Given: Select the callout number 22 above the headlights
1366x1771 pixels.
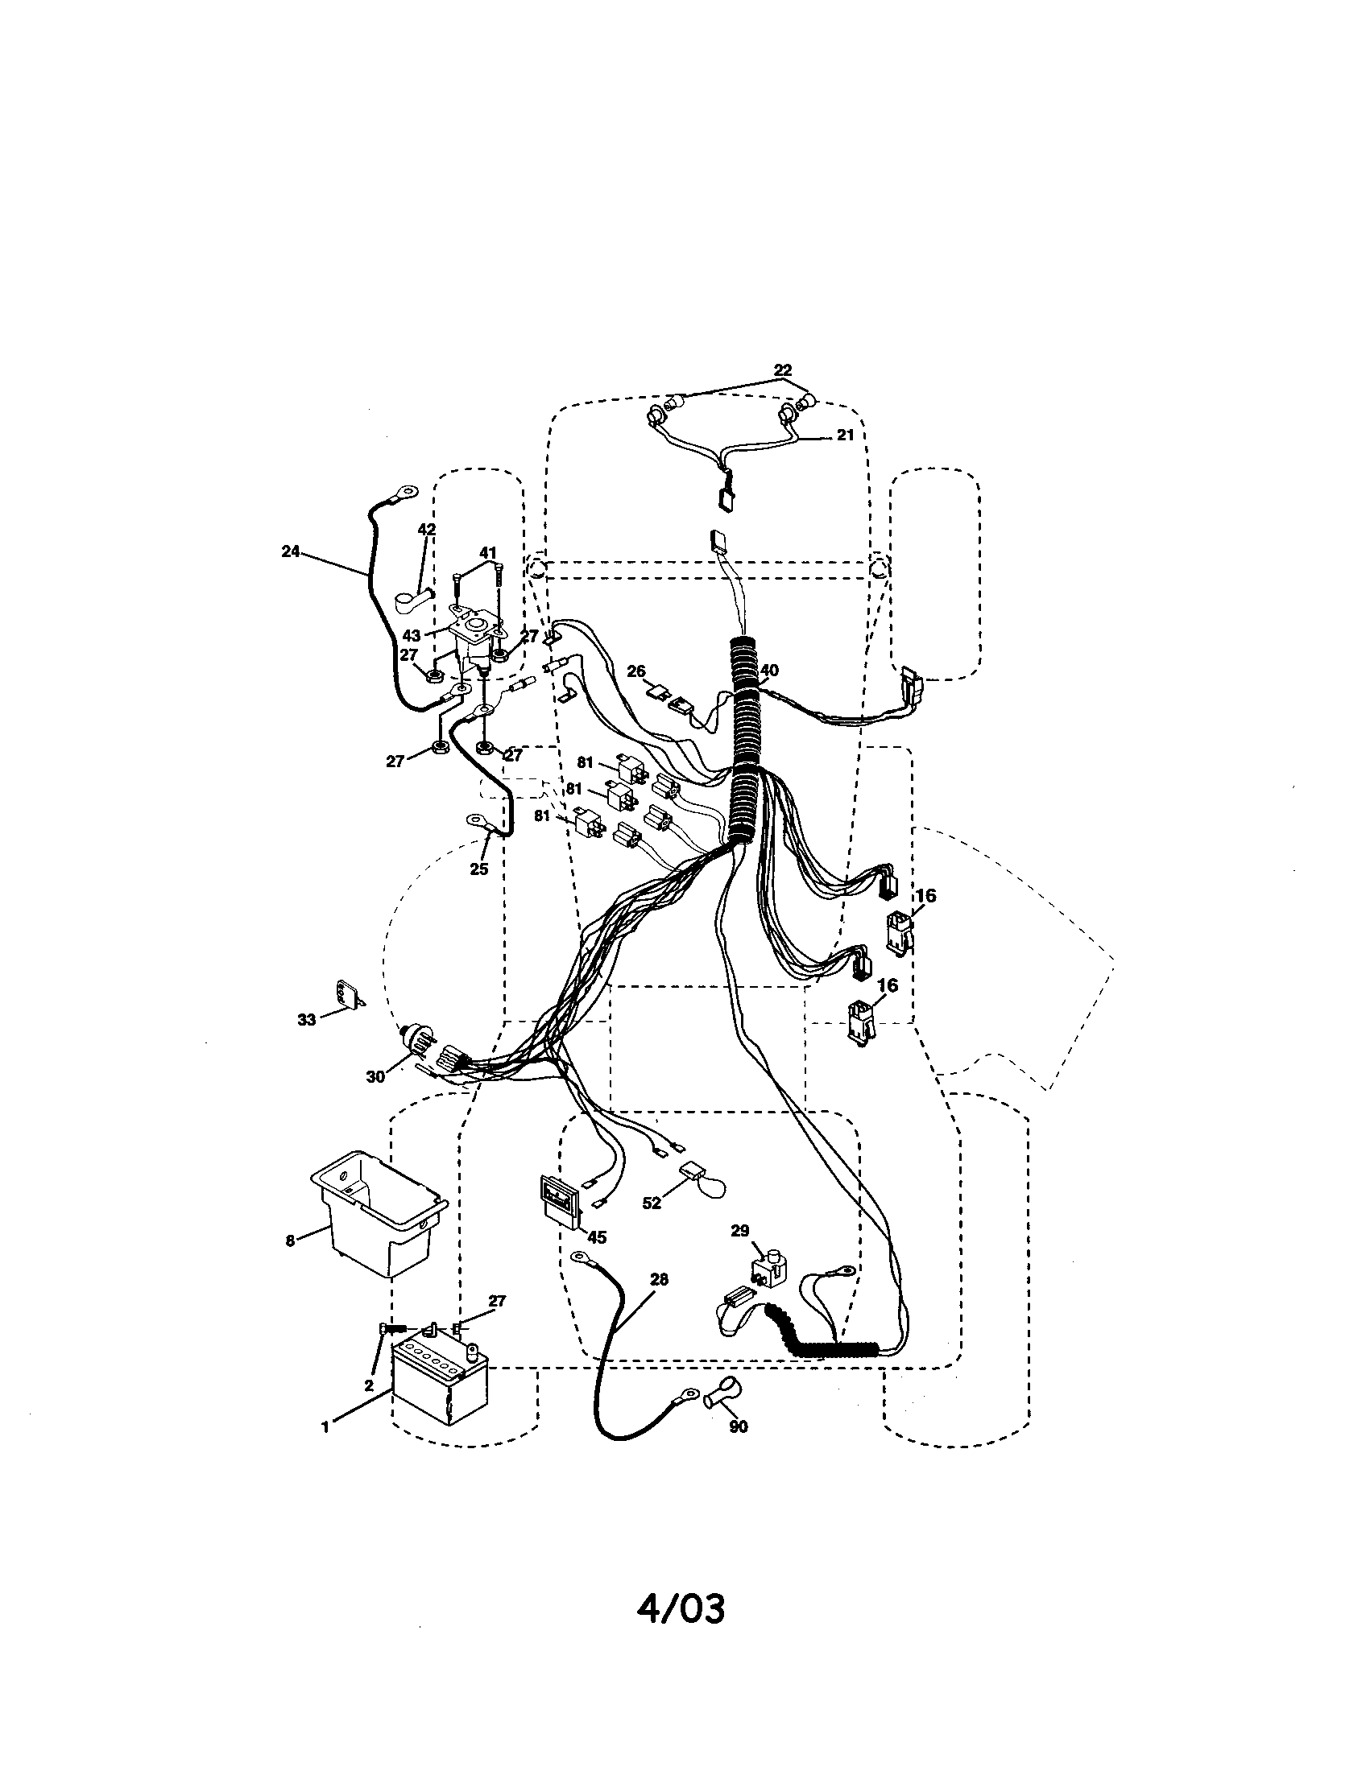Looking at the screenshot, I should [x=782, y=370].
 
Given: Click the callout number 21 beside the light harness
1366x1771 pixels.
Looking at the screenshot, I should [x=845, y=436].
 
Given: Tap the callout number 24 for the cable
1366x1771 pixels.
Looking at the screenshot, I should [x=291, y=551].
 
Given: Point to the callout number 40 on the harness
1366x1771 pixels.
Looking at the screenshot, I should [x=769, y=671].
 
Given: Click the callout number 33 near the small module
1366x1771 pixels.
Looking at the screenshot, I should [x=306, y=1020].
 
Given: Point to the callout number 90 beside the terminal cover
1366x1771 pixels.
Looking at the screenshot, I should [x=737, y=1426].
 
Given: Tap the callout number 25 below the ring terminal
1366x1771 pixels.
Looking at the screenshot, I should [x=478, y=869].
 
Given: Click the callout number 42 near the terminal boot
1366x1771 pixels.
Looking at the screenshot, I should [x=427, y=530].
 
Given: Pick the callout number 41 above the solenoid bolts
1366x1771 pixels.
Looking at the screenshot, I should [x=487, y=553].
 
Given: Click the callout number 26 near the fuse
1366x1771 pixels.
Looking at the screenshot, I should [x=636, y=671].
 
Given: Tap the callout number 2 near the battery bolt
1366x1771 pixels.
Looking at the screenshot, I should [x=368, y=1385].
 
